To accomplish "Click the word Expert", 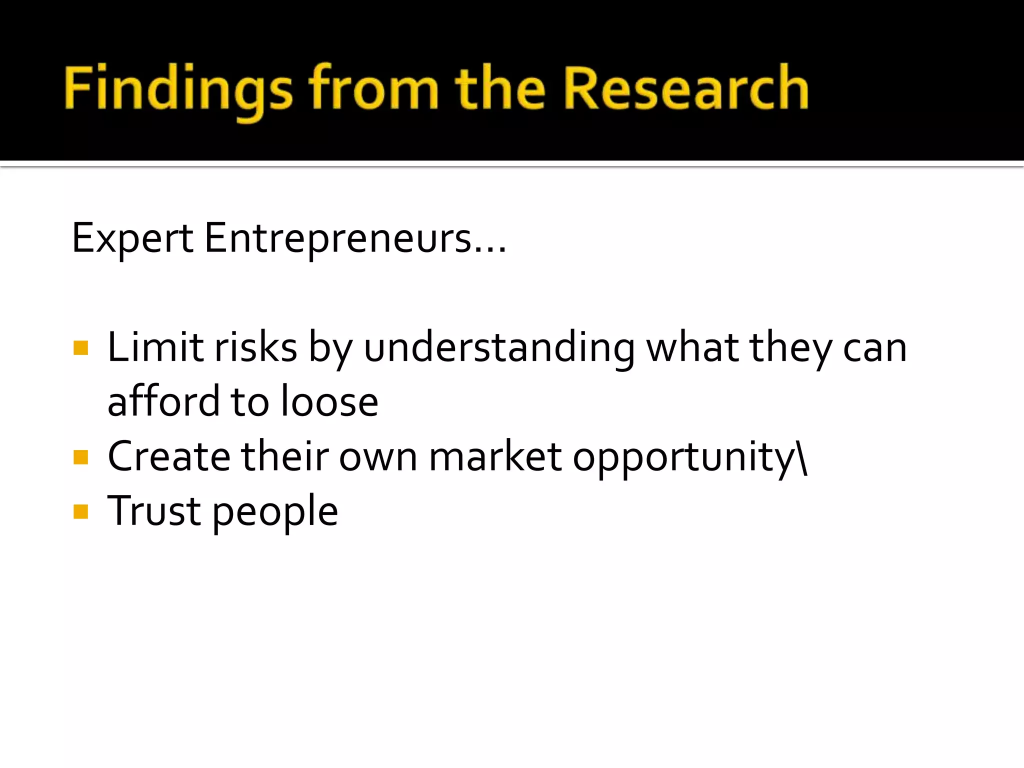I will point(132,238).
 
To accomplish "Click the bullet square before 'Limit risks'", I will point(80,348).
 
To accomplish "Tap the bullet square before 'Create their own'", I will point(80,457).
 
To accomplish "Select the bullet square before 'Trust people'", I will point(80,511).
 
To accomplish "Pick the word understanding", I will point(499,348).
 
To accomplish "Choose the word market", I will point(495,456).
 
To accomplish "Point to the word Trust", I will point(154,511).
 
